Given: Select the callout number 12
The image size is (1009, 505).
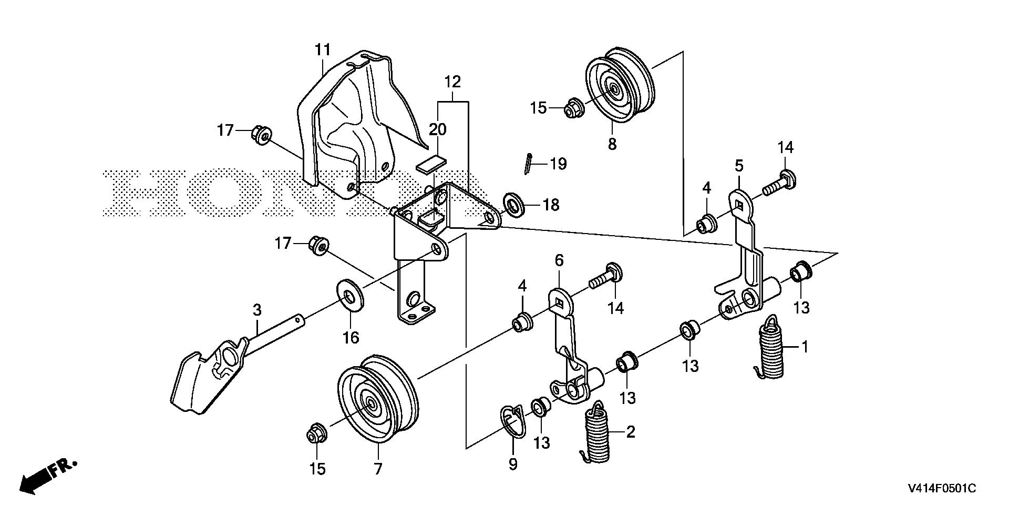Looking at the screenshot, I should pyautogui.click(x=452, y=82).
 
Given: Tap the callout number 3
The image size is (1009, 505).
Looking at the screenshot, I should pyautogui.click(x=256, y=310).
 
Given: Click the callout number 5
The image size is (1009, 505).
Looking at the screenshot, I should pyautogui.click(x=739, y=166).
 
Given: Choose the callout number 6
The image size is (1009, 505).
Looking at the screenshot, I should pyautogui.click(x=559, y=260).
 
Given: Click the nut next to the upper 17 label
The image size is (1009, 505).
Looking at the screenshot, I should pyautogui.click(x=260, y=132).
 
